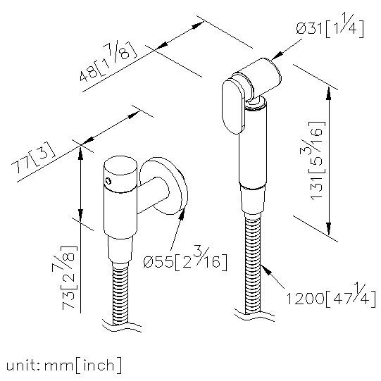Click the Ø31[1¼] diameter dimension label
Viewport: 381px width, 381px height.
pyautogui.click(x=330, y=27)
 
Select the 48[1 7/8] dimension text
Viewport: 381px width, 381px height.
pyautogui.click(x=108, y=61)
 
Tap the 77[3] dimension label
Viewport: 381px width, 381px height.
pyautogui.click(x=33, y=158)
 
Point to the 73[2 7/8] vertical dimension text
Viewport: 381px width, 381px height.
pyautogui.click(x=70, y=277)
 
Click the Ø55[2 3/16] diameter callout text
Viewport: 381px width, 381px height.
pyautogui.click(x=185, y=259)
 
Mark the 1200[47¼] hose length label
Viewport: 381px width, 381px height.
pyautogui.click(x=331, y=295)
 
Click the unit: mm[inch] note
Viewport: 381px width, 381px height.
pyautogui.click(x=64, y=366)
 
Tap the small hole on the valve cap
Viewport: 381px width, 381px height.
pyautogui.click(x=108, y=181)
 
